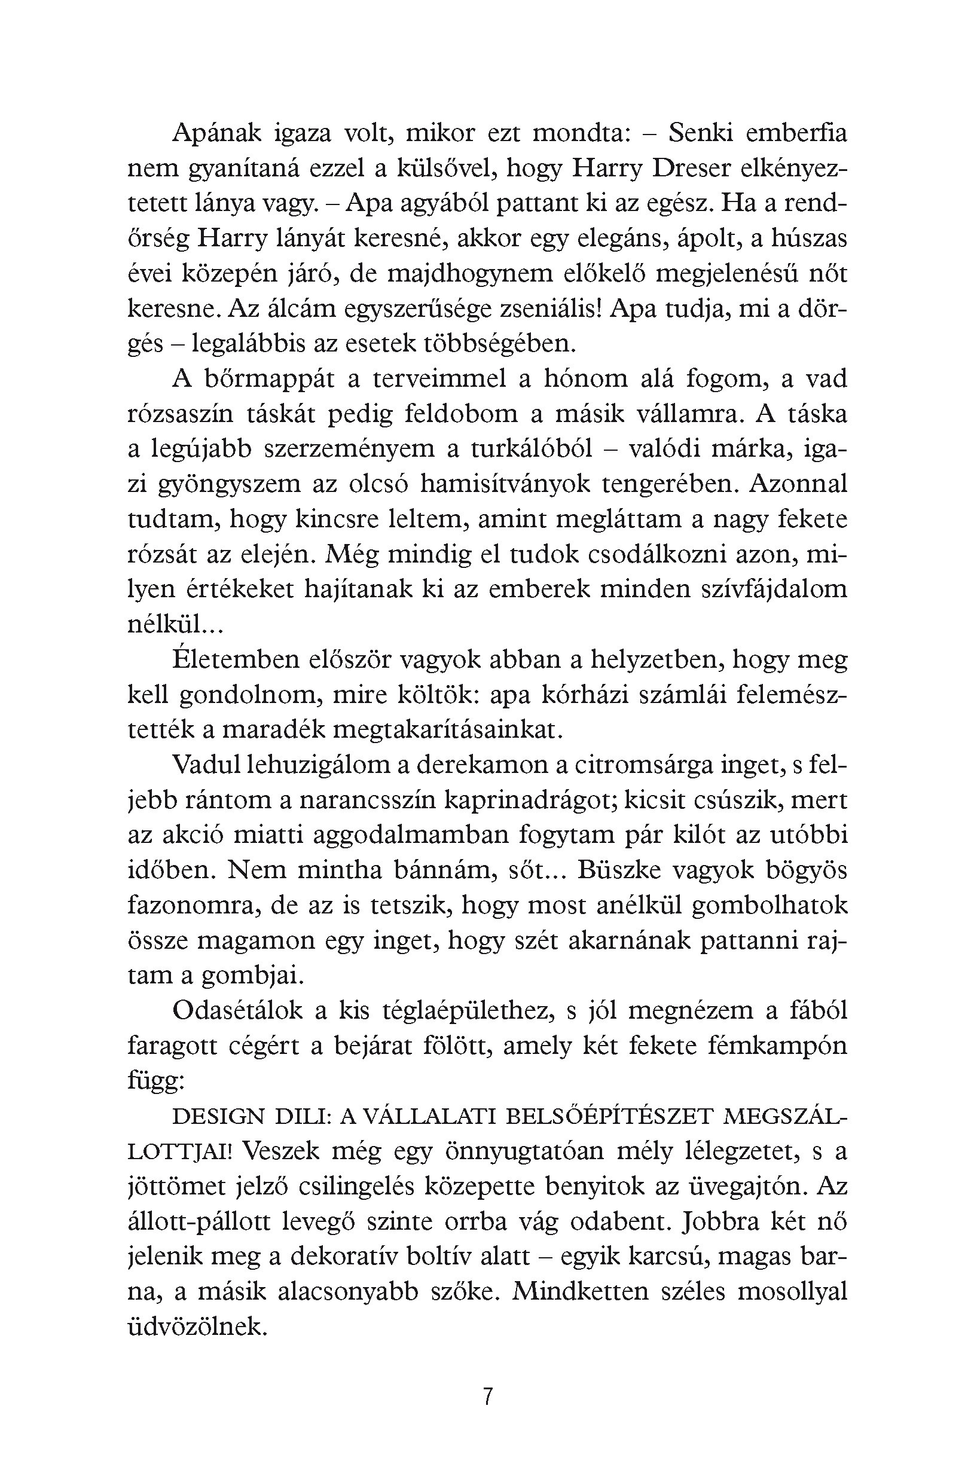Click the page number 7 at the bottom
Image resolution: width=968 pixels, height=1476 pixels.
pyautogui.click(x=487, y=1396)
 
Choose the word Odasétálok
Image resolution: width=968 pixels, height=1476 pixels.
pyautogui.click(x=237, y=1011)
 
